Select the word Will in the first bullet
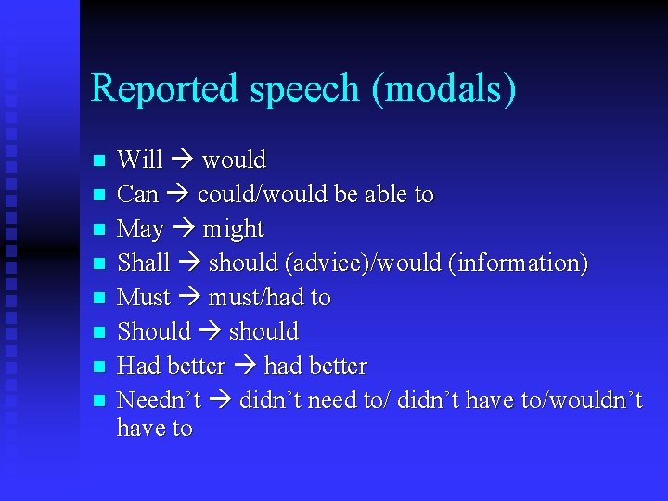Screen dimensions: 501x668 140,160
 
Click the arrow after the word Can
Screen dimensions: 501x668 178,195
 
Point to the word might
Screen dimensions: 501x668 233,229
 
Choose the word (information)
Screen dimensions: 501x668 518,263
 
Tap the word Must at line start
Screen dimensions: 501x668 144,298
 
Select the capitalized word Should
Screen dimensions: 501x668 154,332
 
